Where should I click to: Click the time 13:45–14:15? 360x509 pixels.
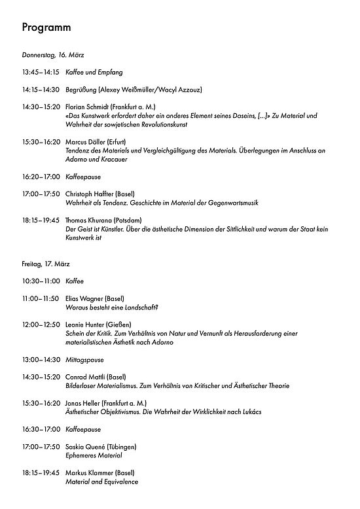pyautogui.click(x=41, y=72)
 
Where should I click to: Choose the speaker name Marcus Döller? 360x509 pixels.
pyautogui.click(x=86, y=141)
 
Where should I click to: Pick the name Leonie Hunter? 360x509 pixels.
pyautogui.click(x=84, y=325)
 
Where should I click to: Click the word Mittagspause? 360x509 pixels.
pyautogui.click(x=85, y=360)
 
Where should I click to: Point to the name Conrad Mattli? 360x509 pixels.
pyautogui.click(x=84, y=377)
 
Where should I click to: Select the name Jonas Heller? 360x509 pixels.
pyautogui.click(x=82, y=404)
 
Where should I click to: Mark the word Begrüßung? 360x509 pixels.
pyautogui.click(x=81, y=90)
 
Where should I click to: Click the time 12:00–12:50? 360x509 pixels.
pyautogui.click(x=41, y=325)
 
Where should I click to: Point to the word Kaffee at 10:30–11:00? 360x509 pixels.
pyautogui.click(x=75, y=280)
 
